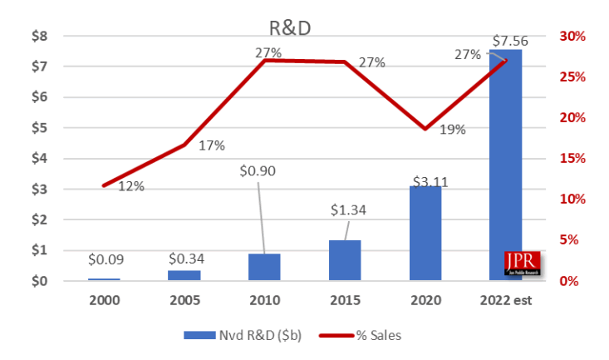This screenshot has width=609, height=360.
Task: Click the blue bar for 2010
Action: [265, 267]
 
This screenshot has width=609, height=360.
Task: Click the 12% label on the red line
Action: [130, 186]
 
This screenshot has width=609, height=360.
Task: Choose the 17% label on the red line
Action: [212, 146]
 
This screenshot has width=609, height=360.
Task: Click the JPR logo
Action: [520, 263]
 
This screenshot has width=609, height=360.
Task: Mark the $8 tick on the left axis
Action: [41, 37]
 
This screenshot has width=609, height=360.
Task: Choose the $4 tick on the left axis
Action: [41, 159]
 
